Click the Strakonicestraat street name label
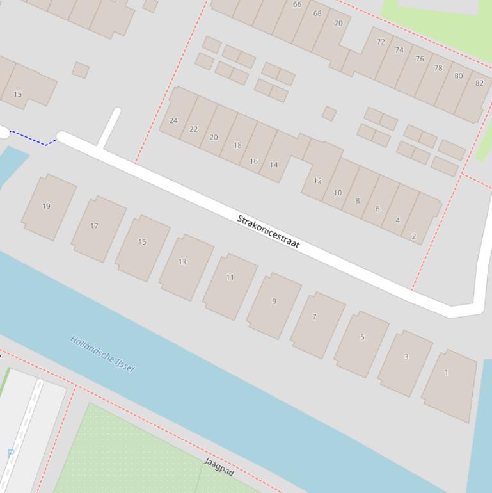click(x=268, y=232)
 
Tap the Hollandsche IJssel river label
click(x=102, y=353)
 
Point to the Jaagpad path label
click(x=219, y=467)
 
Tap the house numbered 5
click(x=361, y=342)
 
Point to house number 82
click(x=474, y=93)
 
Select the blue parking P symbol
click(x=10, y=453)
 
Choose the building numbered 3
click(x=405, y=362)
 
